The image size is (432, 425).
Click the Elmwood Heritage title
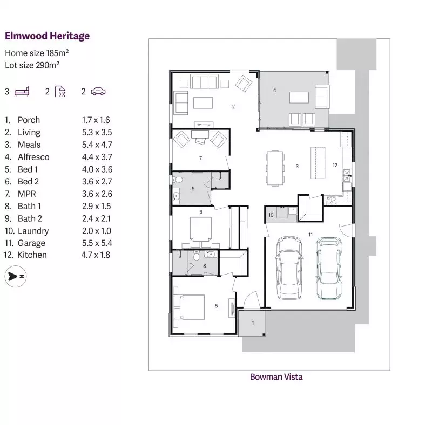[47, 36]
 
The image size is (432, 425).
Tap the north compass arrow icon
[15, 276]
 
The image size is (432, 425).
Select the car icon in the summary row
[98, 91]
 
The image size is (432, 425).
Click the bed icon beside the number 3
[22, 91]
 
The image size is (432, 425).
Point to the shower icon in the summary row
[60, 91]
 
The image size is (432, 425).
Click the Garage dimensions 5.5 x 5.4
[96, 243]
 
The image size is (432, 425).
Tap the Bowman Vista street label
[276, 377]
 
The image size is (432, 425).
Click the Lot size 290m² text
[32, 65]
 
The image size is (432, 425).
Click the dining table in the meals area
[275, 168]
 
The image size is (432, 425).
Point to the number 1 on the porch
[253, 323]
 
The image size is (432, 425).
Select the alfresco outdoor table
[299, 97]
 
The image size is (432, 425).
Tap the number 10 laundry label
[272, 215]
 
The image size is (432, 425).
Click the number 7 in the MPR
[200, 158]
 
